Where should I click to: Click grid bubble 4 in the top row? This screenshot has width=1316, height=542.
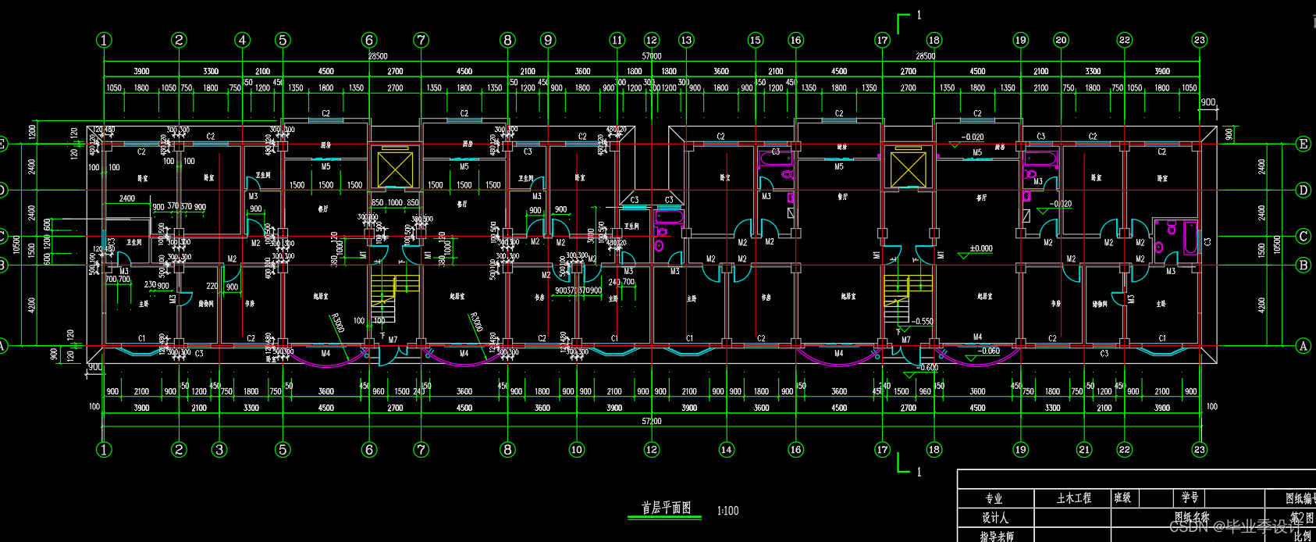243,40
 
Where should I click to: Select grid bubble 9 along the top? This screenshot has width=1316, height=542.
548,40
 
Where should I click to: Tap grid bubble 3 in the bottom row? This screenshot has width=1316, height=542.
219,449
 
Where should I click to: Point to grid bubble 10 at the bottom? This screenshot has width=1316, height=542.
576,449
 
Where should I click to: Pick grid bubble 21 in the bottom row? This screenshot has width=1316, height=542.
1084,449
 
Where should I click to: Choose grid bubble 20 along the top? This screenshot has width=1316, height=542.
1061,40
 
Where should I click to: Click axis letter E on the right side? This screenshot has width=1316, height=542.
1303,144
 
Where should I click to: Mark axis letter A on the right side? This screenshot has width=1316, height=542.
1303,346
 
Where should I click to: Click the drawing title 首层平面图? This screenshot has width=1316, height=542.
666,508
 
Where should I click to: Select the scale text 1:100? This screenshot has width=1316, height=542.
727,511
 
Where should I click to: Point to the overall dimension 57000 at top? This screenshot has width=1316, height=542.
652,56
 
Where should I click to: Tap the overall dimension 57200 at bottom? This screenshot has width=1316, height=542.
652,421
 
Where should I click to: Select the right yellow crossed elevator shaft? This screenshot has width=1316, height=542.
909,169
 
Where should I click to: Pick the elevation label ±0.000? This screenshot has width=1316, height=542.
981,249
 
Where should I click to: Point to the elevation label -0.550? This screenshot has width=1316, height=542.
922,321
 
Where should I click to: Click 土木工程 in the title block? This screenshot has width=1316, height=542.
1074,498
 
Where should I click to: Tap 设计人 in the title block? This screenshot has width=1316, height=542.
994,518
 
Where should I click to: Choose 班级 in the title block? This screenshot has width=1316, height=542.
1122,497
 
